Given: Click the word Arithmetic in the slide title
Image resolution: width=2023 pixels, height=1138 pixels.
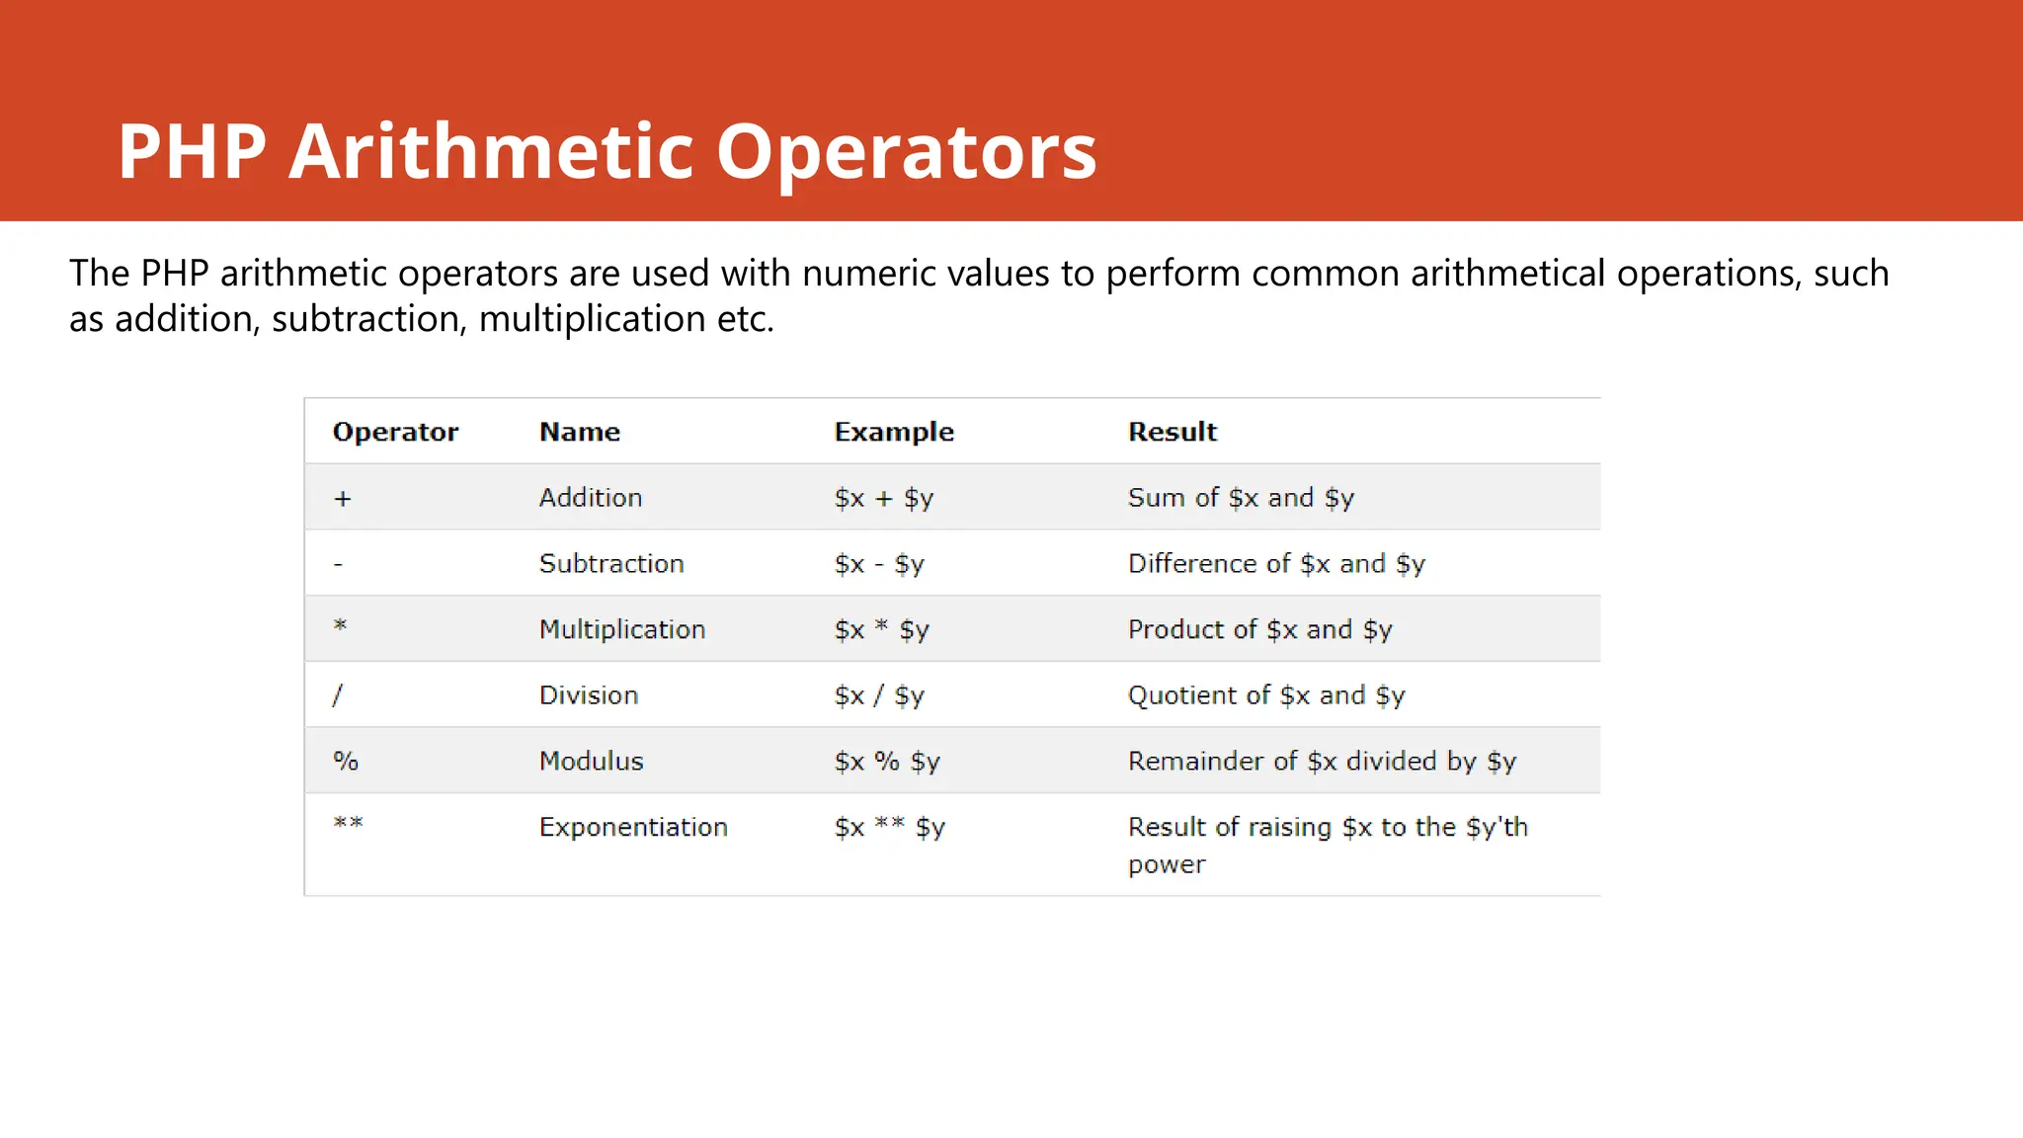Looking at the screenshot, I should click(491, 151).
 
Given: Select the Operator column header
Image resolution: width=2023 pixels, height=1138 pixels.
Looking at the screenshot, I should click(395, 432).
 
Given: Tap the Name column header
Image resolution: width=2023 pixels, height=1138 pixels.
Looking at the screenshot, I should click(579, 432).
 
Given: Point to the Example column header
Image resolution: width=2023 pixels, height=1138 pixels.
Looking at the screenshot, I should click(893, 432).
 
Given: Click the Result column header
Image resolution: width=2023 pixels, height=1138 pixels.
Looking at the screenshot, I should click(1172, 432).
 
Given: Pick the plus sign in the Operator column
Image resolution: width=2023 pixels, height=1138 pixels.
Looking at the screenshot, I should click(342, 499).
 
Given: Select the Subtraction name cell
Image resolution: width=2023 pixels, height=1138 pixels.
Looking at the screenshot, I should click(610, 563).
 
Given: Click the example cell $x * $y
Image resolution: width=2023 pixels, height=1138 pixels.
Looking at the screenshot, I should click(881, 629).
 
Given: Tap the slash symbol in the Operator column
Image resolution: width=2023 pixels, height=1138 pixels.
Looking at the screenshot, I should click(338, 695).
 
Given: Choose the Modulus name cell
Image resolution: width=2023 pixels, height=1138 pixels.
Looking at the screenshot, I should click(591, 761).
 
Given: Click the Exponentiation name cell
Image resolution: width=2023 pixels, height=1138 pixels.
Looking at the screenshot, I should click(632, 827).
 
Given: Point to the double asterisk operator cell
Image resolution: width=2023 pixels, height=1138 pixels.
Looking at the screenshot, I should click(348, 823).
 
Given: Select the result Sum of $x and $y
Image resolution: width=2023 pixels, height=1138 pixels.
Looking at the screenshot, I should click(1240, 498).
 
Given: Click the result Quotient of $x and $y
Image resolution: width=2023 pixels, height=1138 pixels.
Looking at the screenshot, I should click(1265, 695).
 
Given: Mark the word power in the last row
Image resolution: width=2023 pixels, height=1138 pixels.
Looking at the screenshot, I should click(1166, 865).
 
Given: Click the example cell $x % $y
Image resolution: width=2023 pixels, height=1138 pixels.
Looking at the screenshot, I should click(886, 761).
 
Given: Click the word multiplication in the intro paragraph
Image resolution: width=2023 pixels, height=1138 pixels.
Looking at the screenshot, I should click(592, 319).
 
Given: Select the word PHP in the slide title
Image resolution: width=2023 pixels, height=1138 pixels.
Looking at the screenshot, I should click(192, 151).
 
